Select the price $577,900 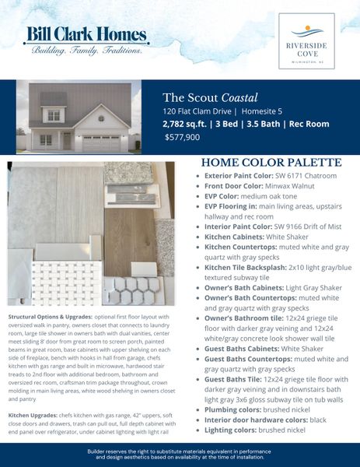(183, 136)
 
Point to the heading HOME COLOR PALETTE (271, 163)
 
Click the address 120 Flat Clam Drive (198, 111)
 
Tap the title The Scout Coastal (209, 97)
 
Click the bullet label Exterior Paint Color (240, 177)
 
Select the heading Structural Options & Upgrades (51, 318)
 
